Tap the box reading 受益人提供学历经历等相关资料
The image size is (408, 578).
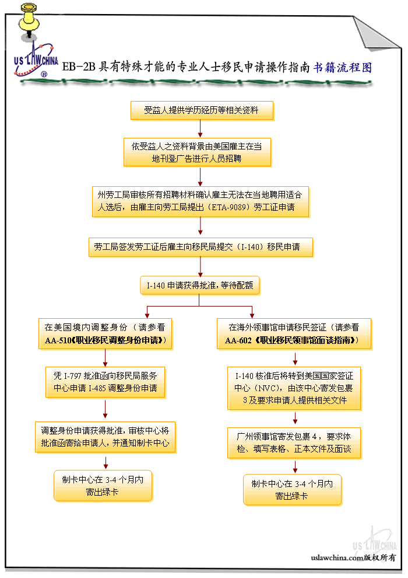pyautogui.click(x=201, y=110)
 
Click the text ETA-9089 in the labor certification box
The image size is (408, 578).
pyautogui.click(x=229, y=207)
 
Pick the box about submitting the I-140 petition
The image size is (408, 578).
pyautogui.click(x=201, y=247)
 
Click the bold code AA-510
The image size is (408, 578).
pyautogui.click(x=57, y=340)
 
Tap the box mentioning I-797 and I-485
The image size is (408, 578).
pyautogui.click(x=105, y=381)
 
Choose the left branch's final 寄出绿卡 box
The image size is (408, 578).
pyautogui.click(x=103, y=485)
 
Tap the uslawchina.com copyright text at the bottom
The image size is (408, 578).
pyautogui.click(x=353, y=558)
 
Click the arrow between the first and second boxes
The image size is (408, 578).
pyautogui.click(x=201, y=128)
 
